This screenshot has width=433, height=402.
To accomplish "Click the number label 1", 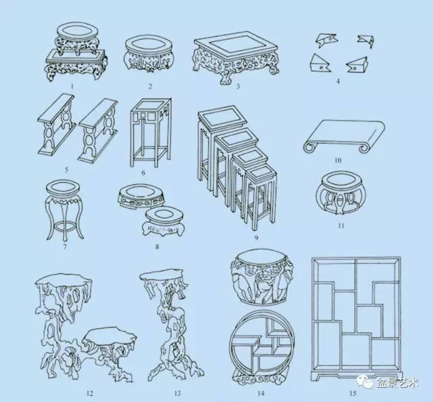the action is coord(72,87).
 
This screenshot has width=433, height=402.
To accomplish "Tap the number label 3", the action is coord(237,87).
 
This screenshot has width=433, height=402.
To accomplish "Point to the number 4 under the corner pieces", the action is coord(338,81).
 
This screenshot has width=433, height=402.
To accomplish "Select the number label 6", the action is coord(143,173).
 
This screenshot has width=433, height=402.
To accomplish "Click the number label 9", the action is coord(256,238).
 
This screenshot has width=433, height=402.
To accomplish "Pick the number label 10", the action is coord(338,160).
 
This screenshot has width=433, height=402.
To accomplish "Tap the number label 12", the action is coord(90,393).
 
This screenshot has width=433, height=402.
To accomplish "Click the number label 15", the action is coord(352,393).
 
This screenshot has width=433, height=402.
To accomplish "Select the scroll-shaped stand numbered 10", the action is coord(344,136).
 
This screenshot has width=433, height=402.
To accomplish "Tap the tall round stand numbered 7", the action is coord(64,210).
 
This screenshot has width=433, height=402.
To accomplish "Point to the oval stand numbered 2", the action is coord(149,53).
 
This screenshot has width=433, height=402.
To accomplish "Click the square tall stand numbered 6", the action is coord(150,133).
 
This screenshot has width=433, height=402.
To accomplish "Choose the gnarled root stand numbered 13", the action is coord(173,326).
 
